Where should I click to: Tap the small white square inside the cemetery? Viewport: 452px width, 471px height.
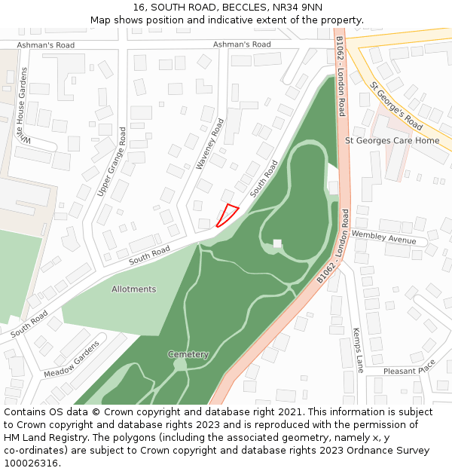point(277,243)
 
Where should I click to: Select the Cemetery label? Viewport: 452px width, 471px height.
point(188,354)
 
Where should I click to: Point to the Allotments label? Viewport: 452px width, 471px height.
point(134,289)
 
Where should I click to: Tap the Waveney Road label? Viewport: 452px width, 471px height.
point(211,142)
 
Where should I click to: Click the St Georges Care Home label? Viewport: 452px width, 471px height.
point(392,140)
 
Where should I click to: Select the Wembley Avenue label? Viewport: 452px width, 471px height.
point(384,240)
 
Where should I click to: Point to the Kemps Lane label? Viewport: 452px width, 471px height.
point(358,349)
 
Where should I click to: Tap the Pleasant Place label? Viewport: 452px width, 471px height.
point(409,371)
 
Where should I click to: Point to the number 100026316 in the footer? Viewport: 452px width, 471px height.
point(31,463)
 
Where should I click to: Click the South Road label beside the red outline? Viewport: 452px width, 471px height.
point(264,179)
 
